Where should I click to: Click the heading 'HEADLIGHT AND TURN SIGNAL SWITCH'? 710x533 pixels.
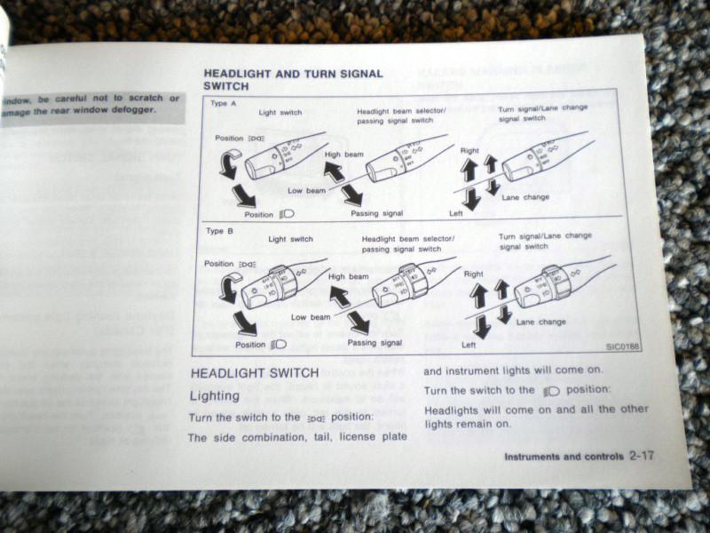point(293,79)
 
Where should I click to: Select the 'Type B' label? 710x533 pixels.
point(220,230)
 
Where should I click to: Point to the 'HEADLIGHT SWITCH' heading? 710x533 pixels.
point(255,374)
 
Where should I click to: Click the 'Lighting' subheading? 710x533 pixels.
point(215,395)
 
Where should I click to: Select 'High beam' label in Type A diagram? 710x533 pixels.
point(343,154)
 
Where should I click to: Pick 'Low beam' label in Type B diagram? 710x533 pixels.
point(311,316)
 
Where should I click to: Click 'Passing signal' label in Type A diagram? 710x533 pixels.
point(376,213)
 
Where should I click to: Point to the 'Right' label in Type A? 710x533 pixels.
point(470,151)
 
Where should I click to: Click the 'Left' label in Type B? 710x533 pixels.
point(469,345)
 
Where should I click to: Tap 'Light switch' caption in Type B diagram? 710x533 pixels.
point(290,239)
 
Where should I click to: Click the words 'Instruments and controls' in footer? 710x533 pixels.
point(564,457)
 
